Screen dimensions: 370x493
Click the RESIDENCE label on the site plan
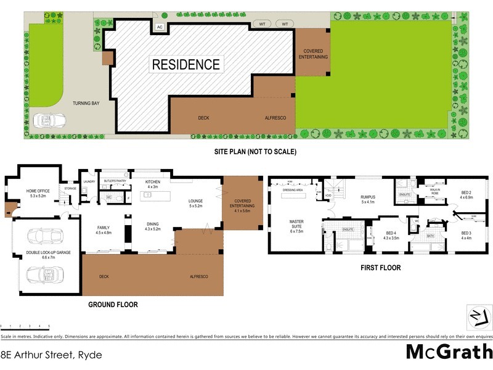click(x=185, y=64)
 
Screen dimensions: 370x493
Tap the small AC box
click(x=160, y=27)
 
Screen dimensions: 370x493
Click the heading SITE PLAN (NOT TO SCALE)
click(x=252, y=151)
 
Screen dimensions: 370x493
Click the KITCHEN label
click(x=152, y=184)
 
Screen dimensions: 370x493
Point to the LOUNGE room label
click(x=197, y=203)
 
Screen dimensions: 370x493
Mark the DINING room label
click(x=152, y=226)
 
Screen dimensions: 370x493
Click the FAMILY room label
click(x=103, y=230)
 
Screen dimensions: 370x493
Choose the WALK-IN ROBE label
click(x=434, y=192)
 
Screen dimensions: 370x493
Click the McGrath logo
click(x=449, y=351)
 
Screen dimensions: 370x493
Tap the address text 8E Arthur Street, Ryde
click(x=51, y=355)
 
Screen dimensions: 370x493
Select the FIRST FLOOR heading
click(x=381, y=268)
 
